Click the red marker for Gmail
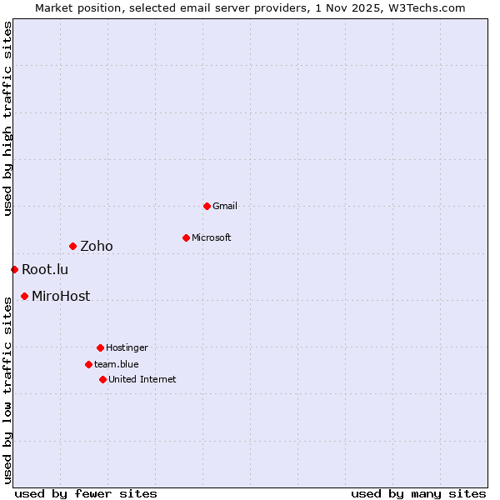point(207,206)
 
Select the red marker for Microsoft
point(186,237)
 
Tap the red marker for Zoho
point(72,246)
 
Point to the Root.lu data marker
point(14,269)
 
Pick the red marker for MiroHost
point(24,296)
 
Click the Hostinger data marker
point(100,347)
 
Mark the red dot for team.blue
point(88,364)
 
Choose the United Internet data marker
point(102,379)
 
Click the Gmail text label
point(225,206)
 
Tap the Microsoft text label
point(212,237)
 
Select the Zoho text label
point(97,246)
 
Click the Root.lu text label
point(45,269)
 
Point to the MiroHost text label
point(61,296)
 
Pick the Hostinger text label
point(127,347)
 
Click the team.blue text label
point(117,364)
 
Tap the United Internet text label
point(142,379)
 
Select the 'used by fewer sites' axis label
point(86,493)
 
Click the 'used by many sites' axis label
point(418,493)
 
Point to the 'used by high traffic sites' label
point(7,118)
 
